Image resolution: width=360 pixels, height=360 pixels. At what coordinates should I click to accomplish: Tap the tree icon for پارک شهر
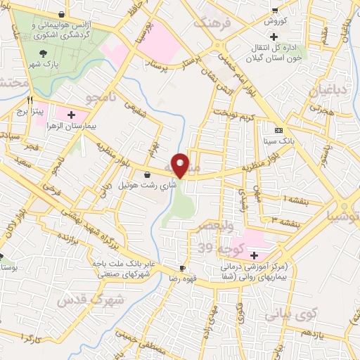44,53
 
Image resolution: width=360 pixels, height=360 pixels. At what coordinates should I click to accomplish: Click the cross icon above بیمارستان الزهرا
72,114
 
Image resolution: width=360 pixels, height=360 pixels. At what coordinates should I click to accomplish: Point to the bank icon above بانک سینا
278,130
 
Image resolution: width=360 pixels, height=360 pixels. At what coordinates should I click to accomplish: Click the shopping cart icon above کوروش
274,10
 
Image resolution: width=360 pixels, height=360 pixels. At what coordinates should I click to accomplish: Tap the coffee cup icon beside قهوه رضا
182,269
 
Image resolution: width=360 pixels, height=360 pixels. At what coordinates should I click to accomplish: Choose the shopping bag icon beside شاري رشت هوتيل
146,174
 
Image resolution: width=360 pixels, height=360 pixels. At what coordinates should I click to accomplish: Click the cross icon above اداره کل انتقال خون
283,36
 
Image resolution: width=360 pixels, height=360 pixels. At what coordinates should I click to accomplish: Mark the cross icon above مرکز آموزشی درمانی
254,255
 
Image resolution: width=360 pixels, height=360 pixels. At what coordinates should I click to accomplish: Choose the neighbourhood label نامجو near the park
99,95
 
